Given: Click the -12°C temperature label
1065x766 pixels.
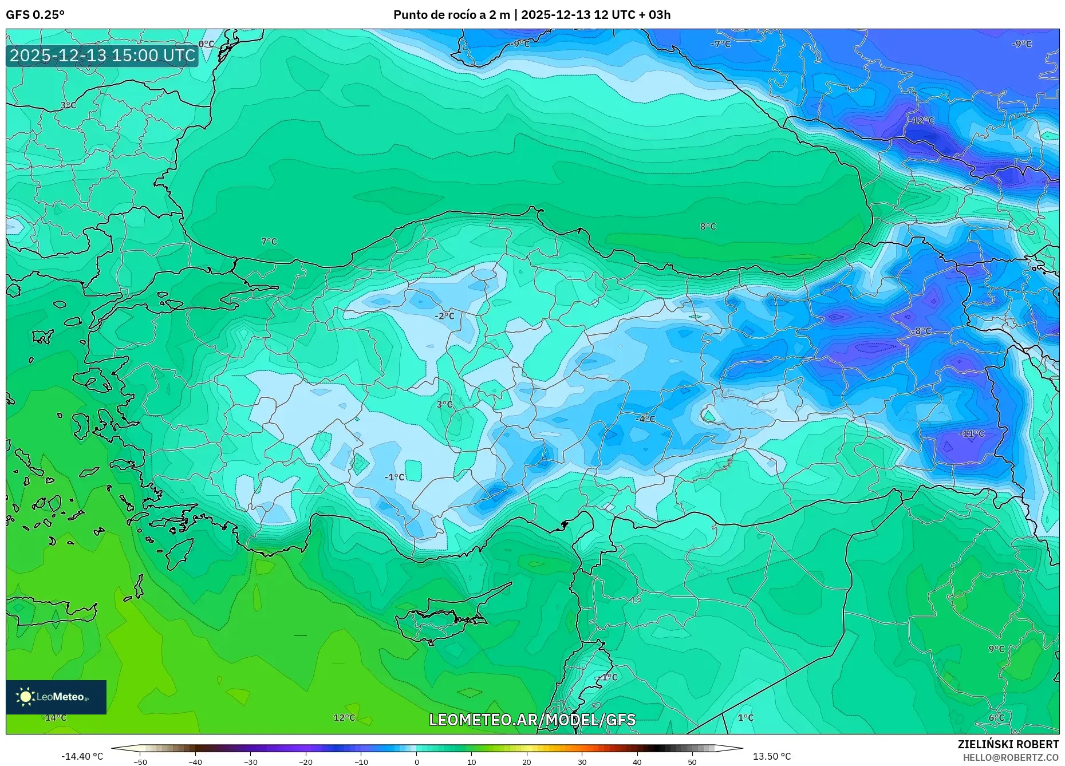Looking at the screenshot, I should pyautogui.click(x=922, y=121).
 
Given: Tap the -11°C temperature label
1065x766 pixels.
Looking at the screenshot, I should pyautogui.click(x=972, y=434).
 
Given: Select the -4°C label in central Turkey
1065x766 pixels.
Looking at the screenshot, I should pyautogui.click(x=645, y=419).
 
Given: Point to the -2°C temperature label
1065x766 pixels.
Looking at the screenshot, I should pyautogui.click(x=444, y=316).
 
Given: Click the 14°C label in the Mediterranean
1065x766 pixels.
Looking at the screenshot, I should pyautogui.click(x=56, y=718).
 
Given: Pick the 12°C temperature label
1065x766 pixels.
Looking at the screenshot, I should pyautogui.click(x=344, y=718).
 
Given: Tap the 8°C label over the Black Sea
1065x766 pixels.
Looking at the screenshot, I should pyautogui.click(x=708, y=227).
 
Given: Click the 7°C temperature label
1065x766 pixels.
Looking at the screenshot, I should pyautogui.click(x=269, y=242).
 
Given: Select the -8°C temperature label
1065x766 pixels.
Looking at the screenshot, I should pyautogui.click(x=922, y=331).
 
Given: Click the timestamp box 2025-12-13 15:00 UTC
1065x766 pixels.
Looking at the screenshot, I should pyautogui.click(x=102, y=56).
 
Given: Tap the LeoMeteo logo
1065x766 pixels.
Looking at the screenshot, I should pyautogui.click(x=56, y=697).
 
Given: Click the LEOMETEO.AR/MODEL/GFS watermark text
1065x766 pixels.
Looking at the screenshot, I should pyautogui.click(x=532, y=720).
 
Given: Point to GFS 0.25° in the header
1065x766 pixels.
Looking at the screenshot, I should pyautogui.click(x=35, y=15).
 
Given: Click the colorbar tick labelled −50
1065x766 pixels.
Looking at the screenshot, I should pyautogui.click(x=140, y=762).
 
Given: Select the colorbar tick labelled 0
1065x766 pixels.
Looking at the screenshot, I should pyautogui.click(x=416, y=762).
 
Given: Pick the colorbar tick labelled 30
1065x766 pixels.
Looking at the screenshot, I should pyautogui.click(x=582, y=762).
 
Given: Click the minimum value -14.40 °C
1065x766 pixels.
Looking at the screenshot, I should pyautogui.click(x=82, y=756).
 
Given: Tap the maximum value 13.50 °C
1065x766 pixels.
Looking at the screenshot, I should pyautogui.click(x=771, y=756).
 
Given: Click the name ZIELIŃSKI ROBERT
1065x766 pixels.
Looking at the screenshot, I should pyautogui.click(x=1008, y=744).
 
